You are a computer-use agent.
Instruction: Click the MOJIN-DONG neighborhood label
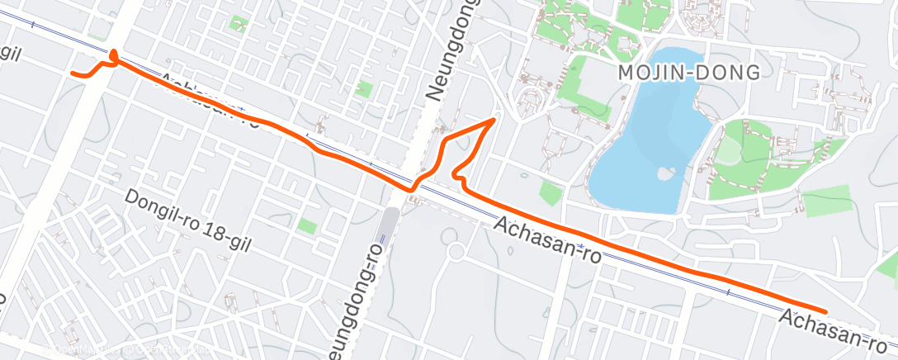coord(689,73)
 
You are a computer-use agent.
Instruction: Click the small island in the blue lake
coord(663,174)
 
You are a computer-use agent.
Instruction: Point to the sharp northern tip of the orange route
coord(493,120)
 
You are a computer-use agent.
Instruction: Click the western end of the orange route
coord(73,73)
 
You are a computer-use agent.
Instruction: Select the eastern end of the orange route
coord(825,310)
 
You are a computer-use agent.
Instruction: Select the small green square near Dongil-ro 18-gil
coord(307,225)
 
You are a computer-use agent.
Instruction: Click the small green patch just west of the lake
coord(551,193)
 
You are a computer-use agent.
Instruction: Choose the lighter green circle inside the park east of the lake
coord(728,149)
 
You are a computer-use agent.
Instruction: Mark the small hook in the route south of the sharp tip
coord(456,174)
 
